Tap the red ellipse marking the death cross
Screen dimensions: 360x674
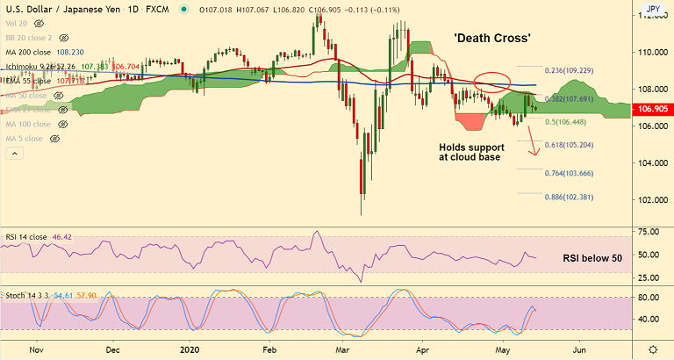coord(491,82)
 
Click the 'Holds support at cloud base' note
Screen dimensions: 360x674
coord(469,151)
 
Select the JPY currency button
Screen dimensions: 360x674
coord(653,10)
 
